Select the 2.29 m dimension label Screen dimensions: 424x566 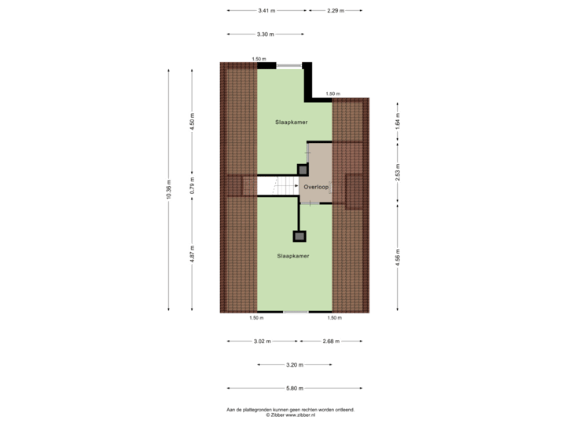point(337,11)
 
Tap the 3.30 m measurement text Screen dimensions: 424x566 point(265,34)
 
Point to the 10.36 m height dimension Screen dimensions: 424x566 point(168,189)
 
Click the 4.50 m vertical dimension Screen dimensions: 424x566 point(192,122)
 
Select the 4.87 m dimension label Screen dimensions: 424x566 point(192,255)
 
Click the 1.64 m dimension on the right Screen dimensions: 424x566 point(399,122)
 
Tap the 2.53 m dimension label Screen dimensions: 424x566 point(399,172)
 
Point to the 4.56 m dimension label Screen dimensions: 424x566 point(399,258)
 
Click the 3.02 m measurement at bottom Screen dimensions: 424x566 point(262,342)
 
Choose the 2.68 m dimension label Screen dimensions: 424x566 point(331,342)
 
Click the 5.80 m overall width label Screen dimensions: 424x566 point(294,388)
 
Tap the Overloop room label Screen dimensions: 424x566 point(316,187)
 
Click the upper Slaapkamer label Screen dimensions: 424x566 point(291,122)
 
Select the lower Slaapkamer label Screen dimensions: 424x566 point(292,256)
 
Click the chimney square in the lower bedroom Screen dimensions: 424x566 point(300,236)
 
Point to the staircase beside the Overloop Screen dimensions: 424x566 point(278,187)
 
